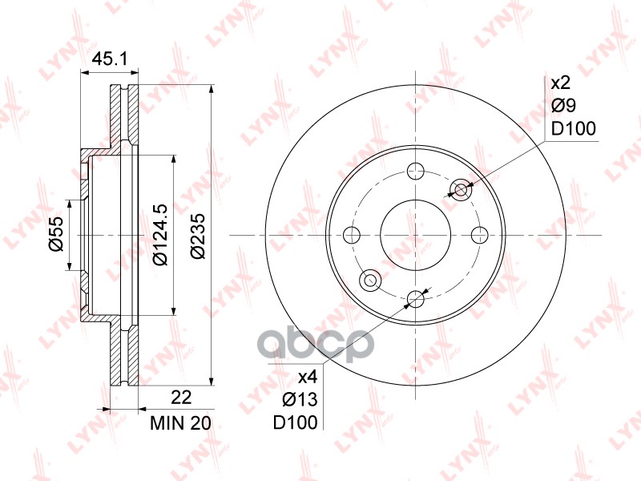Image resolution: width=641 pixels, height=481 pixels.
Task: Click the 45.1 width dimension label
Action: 110,59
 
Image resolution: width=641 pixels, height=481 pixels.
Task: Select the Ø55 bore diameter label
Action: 56,234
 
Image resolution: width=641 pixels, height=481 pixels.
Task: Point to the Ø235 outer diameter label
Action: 198,235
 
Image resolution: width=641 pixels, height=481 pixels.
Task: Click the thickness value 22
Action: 181,397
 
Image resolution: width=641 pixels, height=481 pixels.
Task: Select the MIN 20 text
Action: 181,423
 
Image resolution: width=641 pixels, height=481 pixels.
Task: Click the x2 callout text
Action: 560,83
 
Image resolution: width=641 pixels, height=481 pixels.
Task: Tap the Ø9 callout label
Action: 564,106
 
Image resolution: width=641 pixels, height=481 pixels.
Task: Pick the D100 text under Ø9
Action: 574,129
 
